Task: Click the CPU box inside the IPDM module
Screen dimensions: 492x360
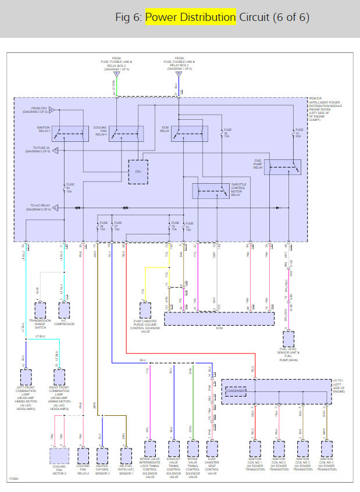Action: pyautogui.click(x=138, y=172)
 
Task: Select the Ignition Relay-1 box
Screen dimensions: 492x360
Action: pyautogui.click(x=70, y=133)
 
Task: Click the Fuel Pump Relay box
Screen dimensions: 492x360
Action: pyautogui.click(x=282, y=167)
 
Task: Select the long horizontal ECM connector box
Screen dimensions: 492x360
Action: pyautogui.click(x=219, y=319)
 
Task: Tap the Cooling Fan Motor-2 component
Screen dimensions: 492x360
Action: pyautogui.click(x=59, y=455)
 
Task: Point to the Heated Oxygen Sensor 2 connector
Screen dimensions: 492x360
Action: pyautogui.click(x=101, y=452)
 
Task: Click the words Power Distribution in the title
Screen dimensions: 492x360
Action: pyautogui.click(x=191, y=17)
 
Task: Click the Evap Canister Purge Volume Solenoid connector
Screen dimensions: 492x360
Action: pyautogui.click(x=142, y=309)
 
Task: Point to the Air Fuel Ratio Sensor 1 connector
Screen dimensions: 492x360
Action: pyautogui.click(x=125, y=452)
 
